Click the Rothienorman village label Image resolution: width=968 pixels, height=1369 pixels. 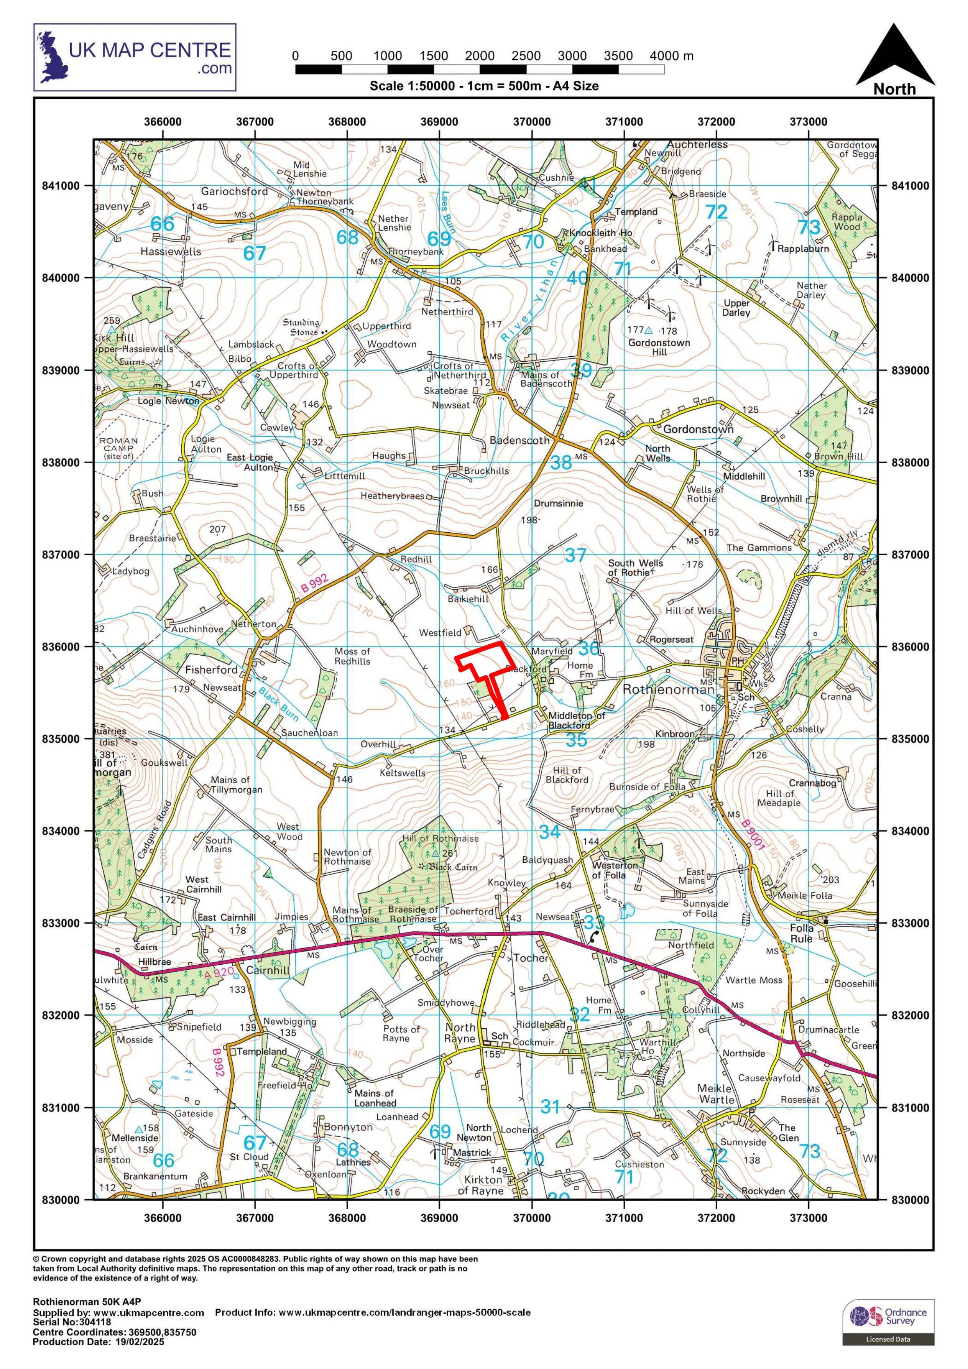(x=668, y=690)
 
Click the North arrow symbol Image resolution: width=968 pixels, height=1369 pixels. (x=895, y=57)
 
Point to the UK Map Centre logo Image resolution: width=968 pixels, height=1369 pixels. (x=135, y=57)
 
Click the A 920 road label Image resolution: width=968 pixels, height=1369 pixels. (x=219, y=974)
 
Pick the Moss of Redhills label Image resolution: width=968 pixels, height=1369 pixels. (x=352, y=656)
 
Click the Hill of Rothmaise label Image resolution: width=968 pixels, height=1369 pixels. (x=440, y=838)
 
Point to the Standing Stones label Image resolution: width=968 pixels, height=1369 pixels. (x=302, y=327)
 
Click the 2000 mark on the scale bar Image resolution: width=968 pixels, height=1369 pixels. (x=480, y=56)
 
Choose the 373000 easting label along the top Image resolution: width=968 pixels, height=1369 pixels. (x=808, y=122)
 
